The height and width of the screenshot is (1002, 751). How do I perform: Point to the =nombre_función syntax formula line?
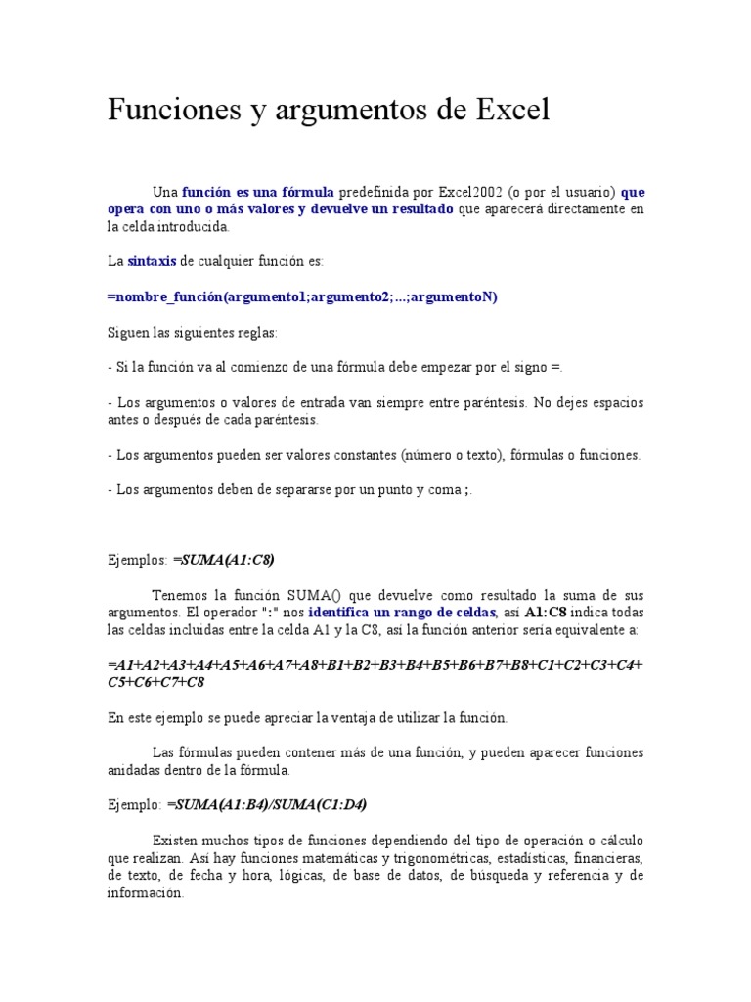(x=302, y=297)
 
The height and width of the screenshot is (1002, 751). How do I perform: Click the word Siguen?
(x=128, y=333)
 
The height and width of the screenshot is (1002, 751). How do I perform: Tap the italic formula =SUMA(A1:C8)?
(x=223, y=560)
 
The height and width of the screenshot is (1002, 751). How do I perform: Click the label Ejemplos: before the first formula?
(x=137, y=560)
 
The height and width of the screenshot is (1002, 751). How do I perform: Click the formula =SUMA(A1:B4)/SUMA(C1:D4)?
(x=267, y=804)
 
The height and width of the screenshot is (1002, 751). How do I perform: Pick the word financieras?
(x=609, y=858)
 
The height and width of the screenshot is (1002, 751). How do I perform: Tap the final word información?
(x=145, y=893)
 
